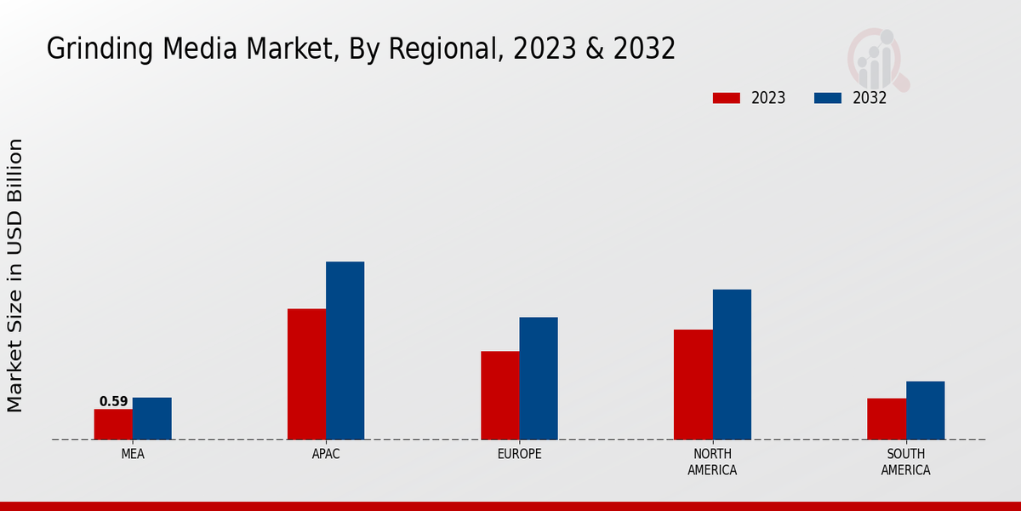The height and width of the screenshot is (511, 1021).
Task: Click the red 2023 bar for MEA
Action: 113,424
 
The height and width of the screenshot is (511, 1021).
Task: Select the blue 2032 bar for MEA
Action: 151,418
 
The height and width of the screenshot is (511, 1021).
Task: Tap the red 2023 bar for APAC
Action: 306,374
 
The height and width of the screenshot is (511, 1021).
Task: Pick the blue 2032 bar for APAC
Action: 345,350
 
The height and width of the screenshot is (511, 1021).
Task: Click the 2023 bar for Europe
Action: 499,395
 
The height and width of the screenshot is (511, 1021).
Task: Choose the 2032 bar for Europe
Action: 539,378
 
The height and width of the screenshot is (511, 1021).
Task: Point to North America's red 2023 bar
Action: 693,384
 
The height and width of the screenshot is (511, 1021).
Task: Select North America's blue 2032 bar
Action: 732,365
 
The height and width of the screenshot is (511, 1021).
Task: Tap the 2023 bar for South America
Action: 887,419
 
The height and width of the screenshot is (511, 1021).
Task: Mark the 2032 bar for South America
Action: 925,411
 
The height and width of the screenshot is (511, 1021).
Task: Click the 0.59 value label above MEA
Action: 113,401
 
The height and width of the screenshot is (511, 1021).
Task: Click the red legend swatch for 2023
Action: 726,98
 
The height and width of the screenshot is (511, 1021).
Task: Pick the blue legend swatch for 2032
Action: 827,98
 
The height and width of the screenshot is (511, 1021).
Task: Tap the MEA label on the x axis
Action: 133,454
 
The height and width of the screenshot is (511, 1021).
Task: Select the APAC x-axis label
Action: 326,454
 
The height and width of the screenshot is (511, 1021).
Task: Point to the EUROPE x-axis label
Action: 519,454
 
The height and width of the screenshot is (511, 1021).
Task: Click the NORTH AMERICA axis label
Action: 712,462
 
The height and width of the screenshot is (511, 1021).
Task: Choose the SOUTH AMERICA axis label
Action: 905,462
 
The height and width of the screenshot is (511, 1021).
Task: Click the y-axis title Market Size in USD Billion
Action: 15,275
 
